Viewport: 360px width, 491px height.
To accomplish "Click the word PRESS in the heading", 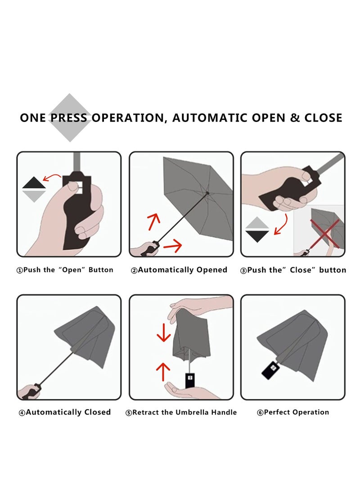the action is click(x=69, y=118).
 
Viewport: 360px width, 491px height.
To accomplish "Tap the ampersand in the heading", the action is click(x=295, y=118).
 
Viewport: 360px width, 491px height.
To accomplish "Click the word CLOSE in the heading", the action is click(x=324, y=118).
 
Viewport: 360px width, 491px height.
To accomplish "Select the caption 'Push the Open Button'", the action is click(x=65, y=270).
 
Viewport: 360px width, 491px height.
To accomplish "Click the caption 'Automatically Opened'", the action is click(x=179, y=270).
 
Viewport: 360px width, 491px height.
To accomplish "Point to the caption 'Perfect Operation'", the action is click(x=292, y=412).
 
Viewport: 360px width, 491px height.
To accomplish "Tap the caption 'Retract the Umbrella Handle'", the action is click(x=181, y=412).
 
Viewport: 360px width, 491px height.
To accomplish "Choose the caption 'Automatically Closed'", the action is click(x=65, y=412).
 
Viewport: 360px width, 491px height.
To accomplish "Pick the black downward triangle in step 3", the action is click(x=257, y=236).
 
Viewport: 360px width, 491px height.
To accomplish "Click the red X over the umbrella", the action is click(x=324, y=233).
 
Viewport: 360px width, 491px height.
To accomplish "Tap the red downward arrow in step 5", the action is click(x=163, y=333).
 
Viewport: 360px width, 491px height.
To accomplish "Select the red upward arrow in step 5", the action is click(x=163, y=372).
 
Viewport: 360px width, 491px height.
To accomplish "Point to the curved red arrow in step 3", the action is click(x=281, y=224).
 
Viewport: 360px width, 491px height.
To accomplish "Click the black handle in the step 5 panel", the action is click(x=190, y=380).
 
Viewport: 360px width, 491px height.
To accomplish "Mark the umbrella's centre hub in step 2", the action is click(x=207, y=193).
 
